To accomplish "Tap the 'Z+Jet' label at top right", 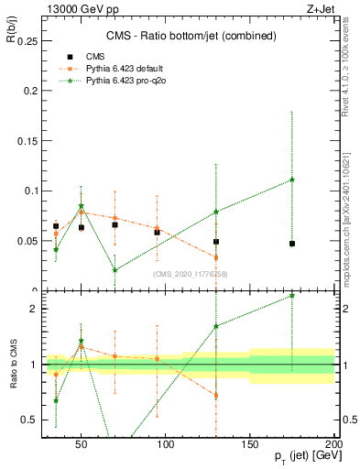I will (x=321, y=7).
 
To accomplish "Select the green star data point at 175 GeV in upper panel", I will (x=292, y=180).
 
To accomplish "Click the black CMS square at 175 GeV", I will (x=292, y=244).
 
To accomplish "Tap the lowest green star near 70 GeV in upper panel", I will (x=115, y=270).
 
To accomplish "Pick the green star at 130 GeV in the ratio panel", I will (x=216, y=326).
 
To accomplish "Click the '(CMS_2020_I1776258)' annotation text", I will (x=191, y=274).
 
